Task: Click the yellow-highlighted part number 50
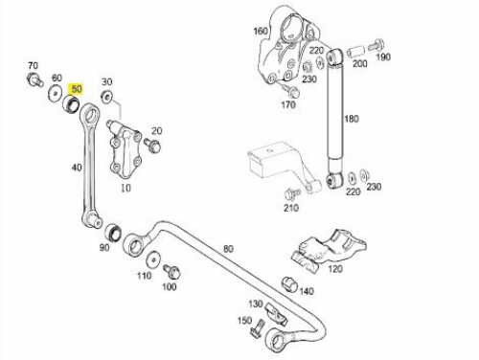pyautogui.click(x=77, y=89)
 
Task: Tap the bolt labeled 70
pyautogui.click(x=34, y=79)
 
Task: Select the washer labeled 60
pyautogui.click(x=55, y=93)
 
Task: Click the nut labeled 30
pyautogui.click(x=107, y=96)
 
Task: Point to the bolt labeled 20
pyautogui.click(x=152, y=146)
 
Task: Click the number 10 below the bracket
pyautogui.click(x=125, y=188)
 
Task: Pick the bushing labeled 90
pyautogui.click(x=113, y=233)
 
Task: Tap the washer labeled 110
pyautogui.click(x=153, y=259)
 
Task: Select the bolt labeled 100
pyautogui.click(x=171, y=271)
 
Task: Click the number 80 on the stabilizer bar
pyautogui.click(x=228, y=249)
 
